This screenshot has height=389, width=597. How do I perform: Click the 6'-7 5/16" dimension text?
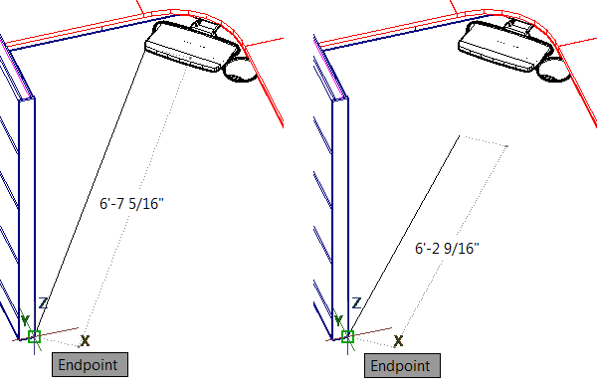(x=131, y=204)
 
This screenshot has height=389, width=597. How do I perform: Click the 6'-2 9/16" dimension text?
(x=447, y=249)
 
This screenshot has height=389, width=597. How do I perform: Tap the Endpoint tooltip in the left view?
(x=90, y=365)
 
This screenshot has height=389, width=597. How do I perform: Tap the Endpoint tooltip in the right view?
(x=402, y=365)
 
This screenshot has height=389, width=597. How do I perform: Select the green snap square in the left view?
(x=34, y=337)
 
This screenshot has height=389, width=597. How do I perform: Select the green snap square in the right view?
(x=347, y=337)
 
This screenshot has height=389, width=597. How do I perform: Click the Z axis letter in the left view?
(x=43, y=303)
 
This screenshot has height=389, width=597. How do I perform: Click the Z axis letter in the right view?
(x=356, y=303)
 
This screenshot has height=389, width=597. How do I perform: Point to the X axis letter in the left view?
(x=85, y=340)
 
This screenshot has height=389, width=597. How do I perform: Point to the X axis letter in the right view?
(x=398, y=340)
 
